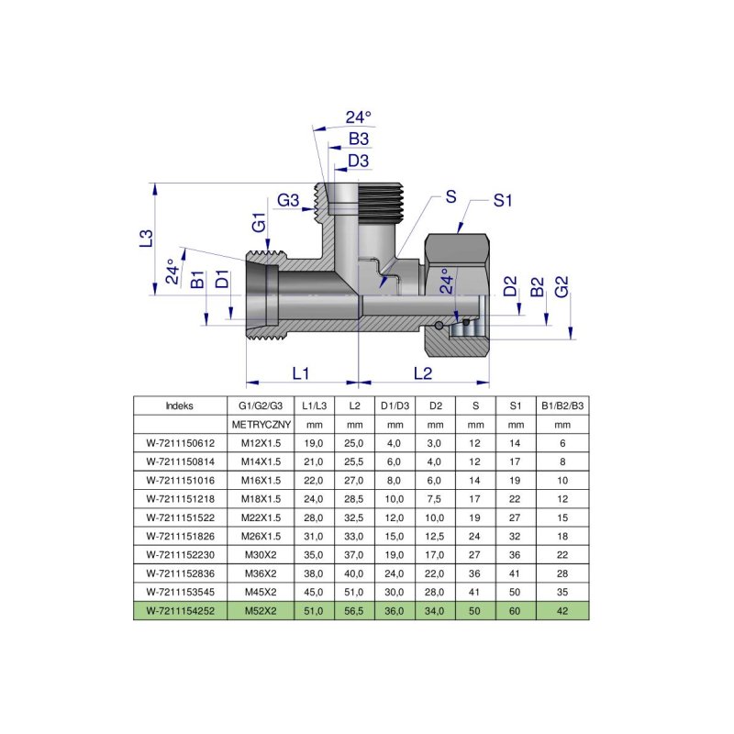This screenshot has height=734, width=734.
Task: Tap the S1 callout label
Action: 502,201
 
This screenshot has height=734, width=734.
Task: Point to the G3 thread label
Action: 289,201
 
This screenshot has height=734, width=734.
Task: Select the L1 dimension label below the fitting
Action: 301,373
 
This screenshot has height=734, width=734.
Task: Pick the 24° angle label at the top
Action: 359,117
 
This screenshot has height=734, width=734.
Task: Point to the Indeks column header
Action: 180,405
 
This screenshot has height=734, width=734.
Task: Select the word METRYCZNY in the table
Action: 260,425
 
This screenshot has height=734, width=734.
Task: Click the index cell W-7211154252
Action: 180,610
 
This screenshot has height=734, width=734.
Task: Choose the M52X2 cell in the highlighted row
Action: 260,610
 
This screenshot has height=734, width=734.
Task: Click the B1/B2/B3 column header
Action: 562,405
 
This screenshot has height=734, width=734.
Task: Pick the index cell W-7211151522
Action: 180,517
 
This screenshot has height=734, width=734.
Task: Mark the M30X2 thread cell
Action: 260,554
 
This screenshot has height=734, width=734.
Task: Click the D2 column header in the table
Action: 436,405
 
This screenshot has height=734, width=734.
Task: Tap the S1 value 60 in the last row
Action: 516,610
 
